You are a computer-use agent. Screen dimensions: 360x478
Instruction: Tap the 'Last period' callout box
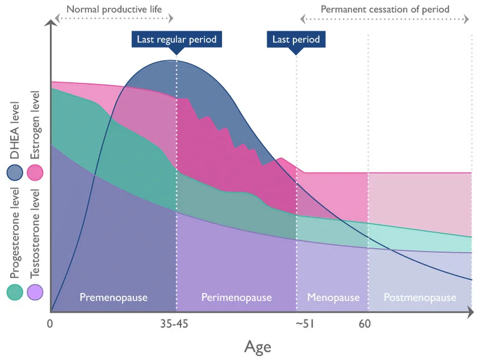pyautogui.click(x=296, y=39)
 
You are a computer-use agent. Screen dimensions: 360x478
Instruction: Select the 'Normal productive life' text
pyautogui.click(x=114, y=10)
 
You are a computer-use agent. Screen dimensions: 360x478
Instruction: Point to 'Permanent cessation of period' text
pyautogui.click(x=385, y=10)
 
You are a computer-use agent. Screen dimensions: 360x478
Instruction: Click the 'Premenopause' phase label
pyautogui.click(x=114, y=297)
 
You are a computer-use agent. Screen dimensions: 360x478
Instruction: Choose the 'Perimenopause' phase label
pyautogui.click(x=237, y=297)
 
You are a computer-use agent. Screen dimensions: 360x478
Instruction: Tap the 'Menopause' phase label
pyautogui.click(x=333, y=297)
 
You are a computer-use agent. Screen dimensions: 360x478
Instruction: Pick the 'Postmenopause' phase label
pyautogui.click(x=419, y=297)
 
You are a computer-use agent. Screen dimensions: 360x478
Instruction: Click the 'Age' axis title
pyautogui.click(x=258, y=346)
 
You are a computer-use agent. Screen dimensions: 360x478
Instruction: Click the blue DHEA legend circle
pyautogui.click(x=15, y=173)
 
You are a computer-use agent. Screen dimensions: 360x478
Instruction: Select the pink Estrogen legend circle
pyautogui.click(x=34, y=173)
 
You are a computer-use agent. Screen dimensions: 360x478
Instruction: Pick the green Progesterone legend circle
pyautogui.click(x=15, y=292)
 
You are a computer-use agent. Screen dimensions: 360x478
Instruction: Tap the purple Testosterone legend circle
pyautogui.click(x=34, y=292)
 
